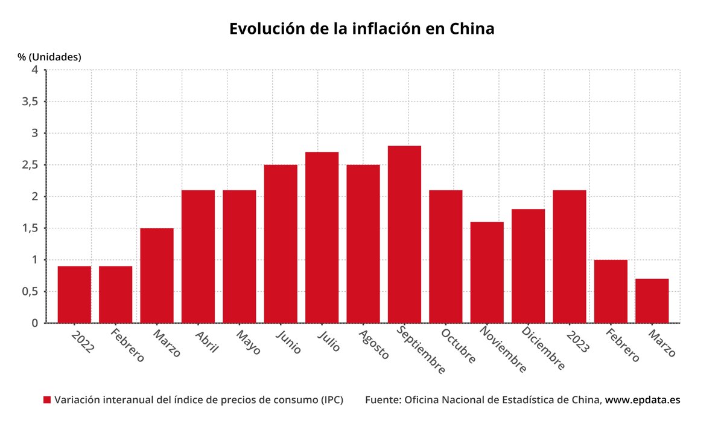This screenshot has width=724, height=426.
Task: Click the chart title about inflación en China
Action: (x=361, y=28)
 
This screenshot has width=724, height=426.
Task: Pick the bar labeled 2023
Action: (x=569, y=256)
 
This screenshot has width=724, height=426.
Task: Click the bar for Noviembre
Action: (x=487, y=272)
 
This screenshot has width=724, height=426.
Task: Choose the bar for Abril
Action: (x=198, y=256)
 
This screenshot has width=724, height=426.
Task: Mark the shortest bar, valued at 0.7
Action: (x=652, y=300)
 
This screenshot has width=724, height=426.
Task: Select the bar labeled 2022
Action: (x=74, y=294)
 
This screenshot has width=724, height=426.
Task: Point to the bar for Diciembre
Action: (x=528, y=266)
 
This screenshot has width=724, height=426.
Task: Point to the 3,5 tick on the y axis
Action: (x=30, y=102)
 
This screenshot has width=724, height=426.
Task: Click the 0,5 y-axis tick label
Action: (x=30, y=291)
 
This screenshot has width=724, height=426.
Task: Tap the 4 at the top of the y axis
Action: (x=34, y=69)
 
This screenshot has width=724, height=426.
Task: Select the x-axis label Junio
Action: (x=288, y=341)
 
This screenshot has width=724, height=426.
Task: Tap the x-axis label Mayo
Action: (x=248, y=341)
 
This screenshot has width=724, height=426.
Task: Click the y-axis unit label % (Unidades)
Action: (x=49, y=57)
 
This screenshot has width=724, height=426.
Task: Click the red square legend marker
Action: (x=47, y=400)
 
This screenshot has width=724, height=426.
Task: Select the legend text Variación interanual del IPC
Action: (x=198, y=400)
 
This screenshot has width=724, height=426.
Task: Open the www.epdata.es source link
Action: (x=643, y=400)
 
